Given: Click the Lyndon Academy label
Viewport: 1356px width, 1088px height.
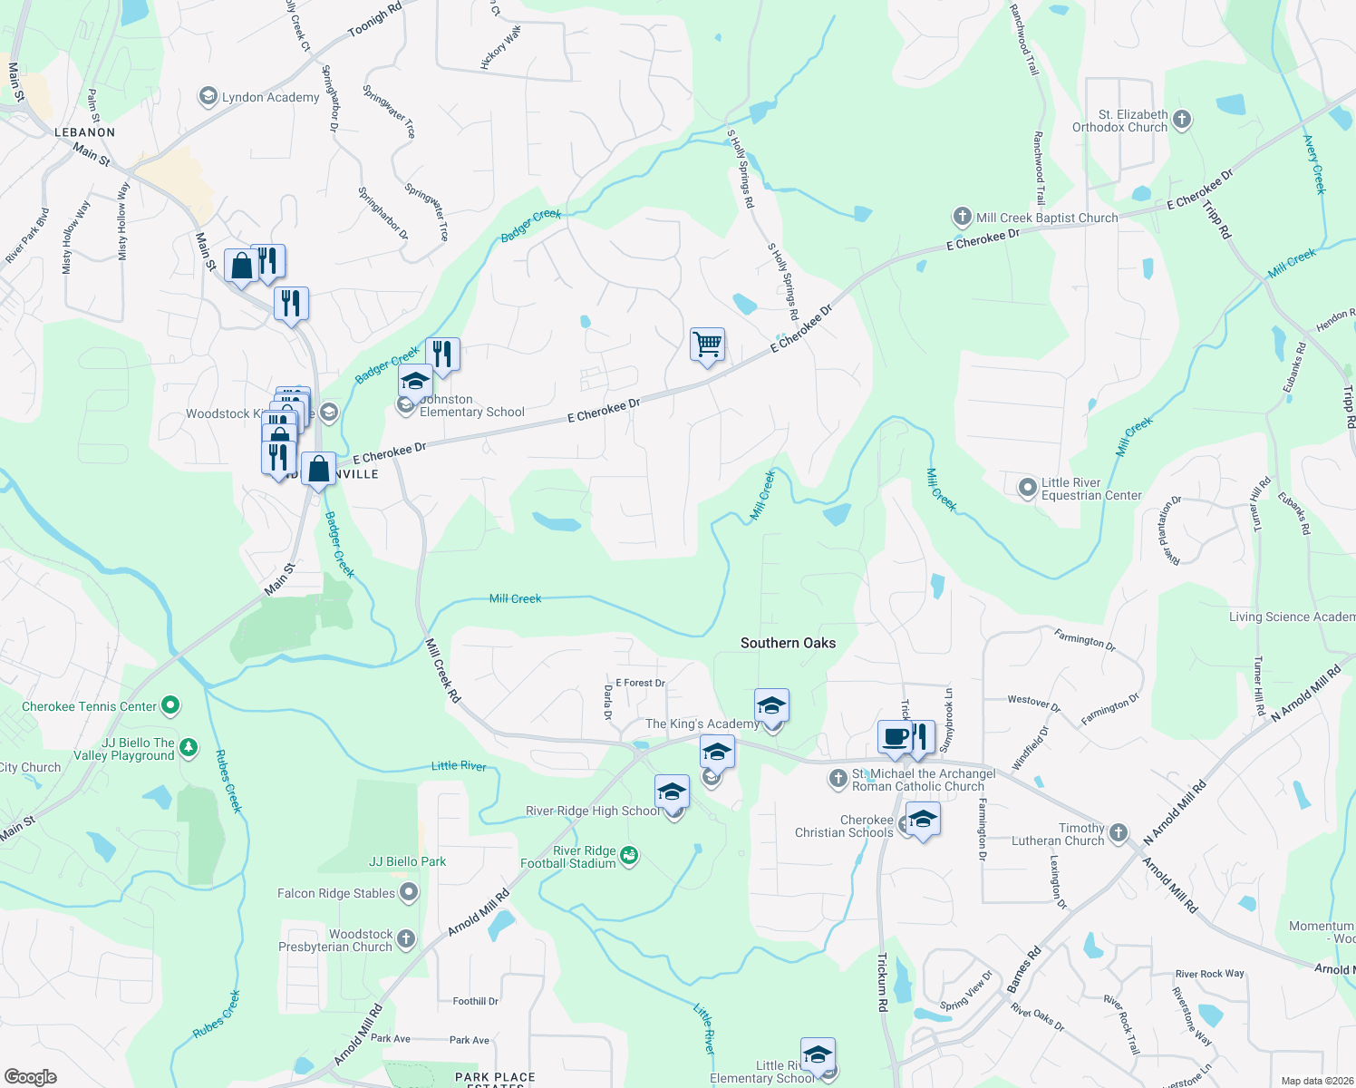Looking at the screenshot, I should tap(270, 97).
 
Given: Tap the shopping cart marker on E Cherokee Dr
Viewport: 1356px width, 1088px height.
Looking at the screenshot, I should tap(707, 345).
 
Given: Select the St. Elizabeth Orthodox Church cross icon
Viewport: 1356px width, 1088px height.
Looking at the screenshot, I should tap(1181, 120).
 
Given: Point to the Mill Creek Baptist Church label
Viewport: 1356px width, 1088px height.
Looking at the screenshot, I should tap(1047, 218).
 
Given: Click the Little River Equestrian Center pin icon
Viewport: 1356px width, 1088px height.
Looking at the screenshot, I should tap(1027, 489).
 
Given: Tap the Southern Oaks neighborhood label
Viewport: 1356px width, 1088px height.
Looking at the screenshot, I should tap(788, 643).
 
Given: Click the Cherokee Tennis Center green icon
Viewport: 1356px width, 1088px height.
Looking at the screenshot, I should tap(169, 705).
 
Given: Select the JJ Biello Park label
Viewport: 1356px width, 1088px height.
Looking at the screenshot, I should tap(407, 861).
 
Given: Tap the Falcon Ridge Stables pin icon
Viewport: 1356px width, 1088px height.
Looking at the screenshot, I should tap(409, 893).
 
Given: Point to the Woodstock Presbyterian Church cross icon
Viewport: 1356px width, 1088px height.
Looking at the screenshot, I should tap(406, 939).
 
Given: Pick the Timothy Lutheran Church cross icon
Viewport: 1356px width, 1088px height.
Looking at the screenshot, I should tap(1119, 832).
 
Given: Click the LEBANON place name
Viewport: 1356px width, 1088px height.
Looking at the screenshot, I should tap(85, 132).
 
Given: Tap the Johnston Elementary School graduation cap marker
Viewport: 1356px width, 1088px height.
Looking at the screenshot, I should tap(415, 381).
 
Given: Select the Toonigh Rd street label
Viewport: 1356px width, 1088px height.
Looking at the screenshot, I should tap(374, 20).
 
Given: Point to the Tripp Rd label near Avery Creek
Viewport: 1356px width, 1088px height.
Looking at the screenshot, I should tap(1217, 219).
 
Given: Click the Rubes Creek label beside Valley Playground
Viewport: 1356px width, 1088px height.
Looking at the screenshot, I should tap(228, 781).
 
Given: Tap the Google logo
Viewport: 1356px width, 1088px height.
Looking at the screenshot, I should tap(31, 1076).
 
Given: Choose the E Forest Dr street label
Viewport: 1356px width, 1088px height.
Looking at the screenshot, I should tap(640, 683).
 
